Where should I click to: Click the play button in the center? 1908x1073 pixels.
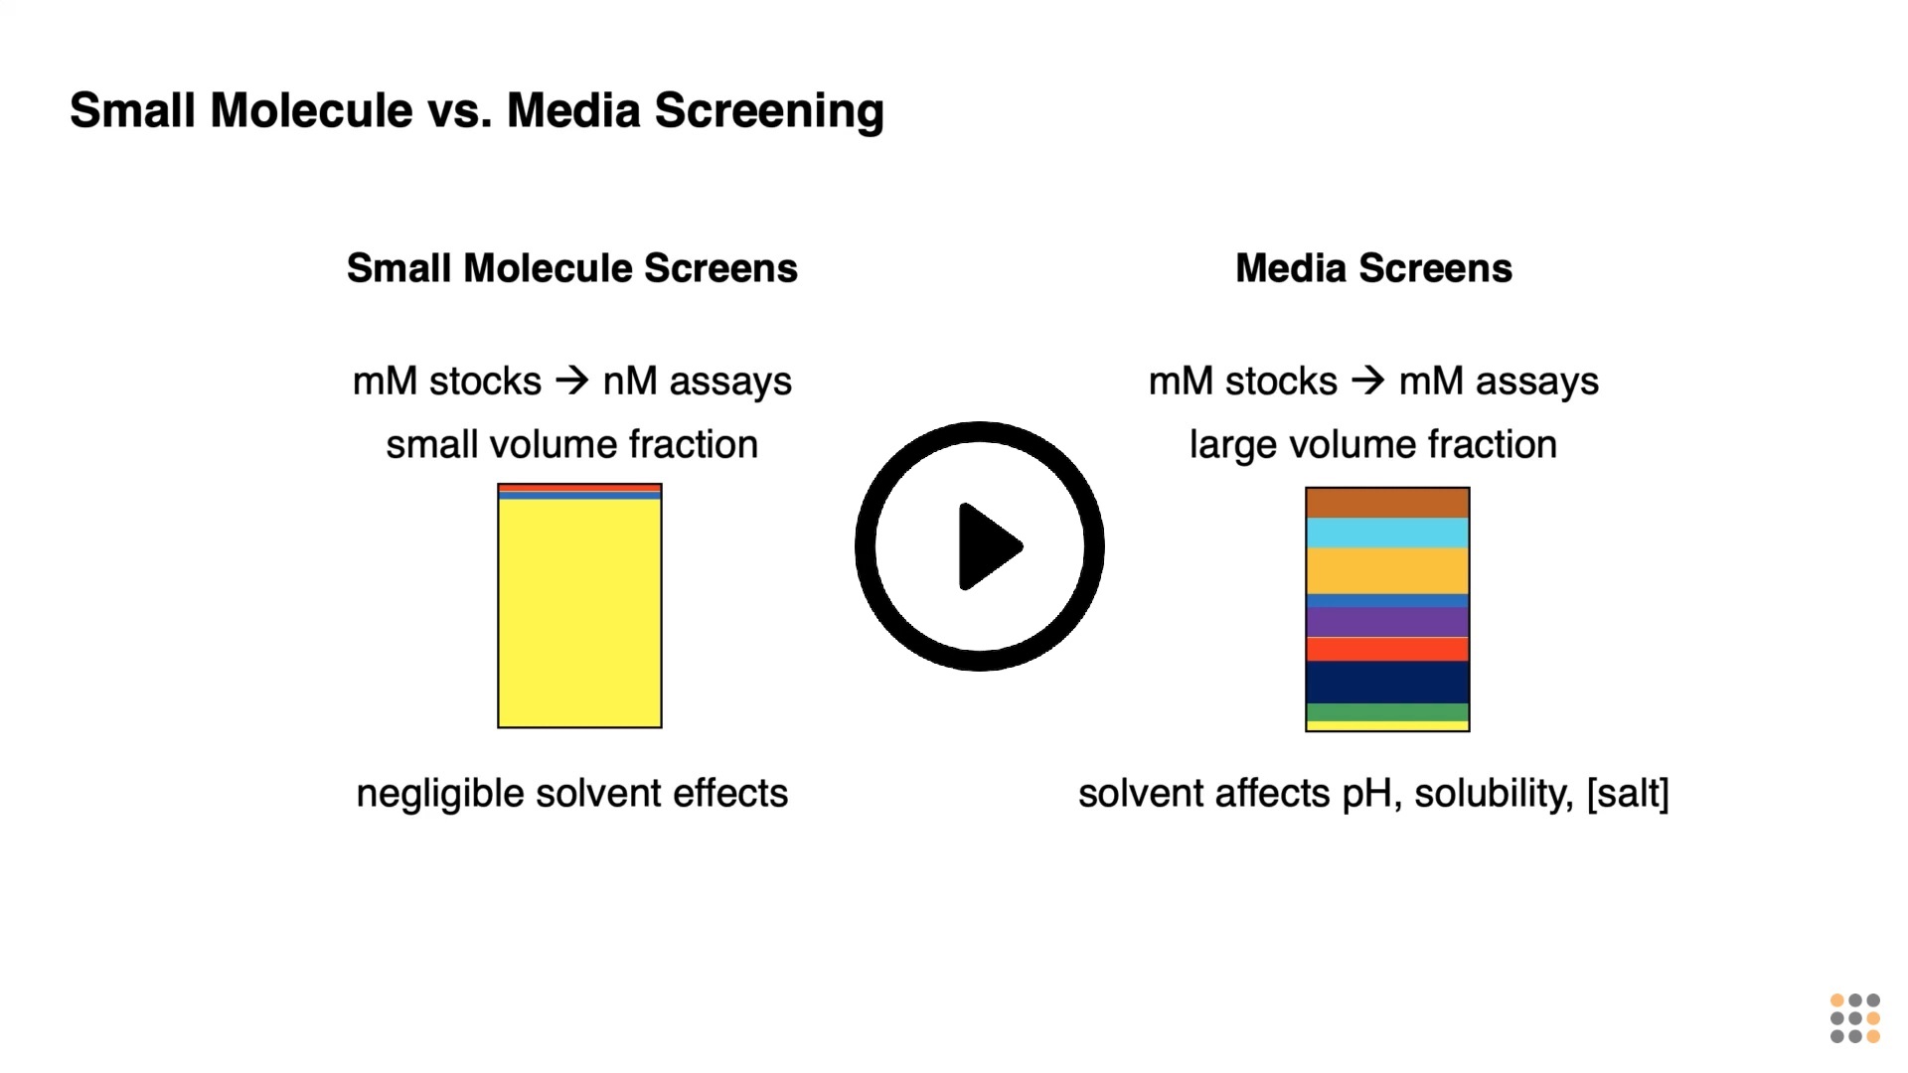(979, 546)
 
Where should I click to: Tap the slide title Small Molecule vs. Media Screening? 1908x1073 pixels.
(477, 110)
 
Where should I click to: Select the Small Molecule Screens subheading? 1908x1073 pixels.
(572, 268)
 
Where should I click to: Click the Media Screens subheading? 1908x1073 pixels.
(1373, 268)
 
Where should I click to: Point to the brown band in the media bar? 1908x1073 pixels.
(1387, 503)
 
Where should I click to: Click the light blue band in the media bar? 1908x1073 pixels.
(1387, 533)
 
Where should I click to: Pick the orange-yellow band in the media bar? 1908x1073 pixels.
(1387, 570)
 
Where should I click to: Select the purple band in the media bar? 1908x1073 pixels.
(1387, 622)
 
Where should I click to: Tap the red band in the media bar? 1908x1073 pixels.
(1387, 650)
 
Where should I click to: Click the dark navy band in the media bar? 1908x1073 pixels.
(1387, 683)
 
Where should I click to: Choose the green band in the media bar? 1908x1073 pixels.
(1387, 712)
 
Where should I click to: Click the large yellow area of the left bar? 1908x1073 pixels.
(579, 613)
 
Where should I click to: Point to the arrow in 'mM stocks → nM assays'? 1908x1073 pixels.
(572, 381)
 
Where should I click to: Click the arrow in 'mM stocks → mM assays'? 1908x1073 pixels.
(1368, 381)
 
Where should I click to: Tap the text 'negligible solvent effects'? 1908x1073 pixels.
(572, 793)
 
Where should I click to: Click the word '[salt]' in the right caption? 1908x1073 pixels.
(1628, 793)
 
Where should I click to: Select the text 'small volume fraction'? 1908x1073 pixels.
(572, 444)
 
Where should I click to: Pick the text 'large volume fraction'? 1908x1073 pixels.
(1373, 444)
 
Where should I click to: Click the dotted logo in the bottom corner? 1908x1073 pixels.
(1855, 1018)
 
